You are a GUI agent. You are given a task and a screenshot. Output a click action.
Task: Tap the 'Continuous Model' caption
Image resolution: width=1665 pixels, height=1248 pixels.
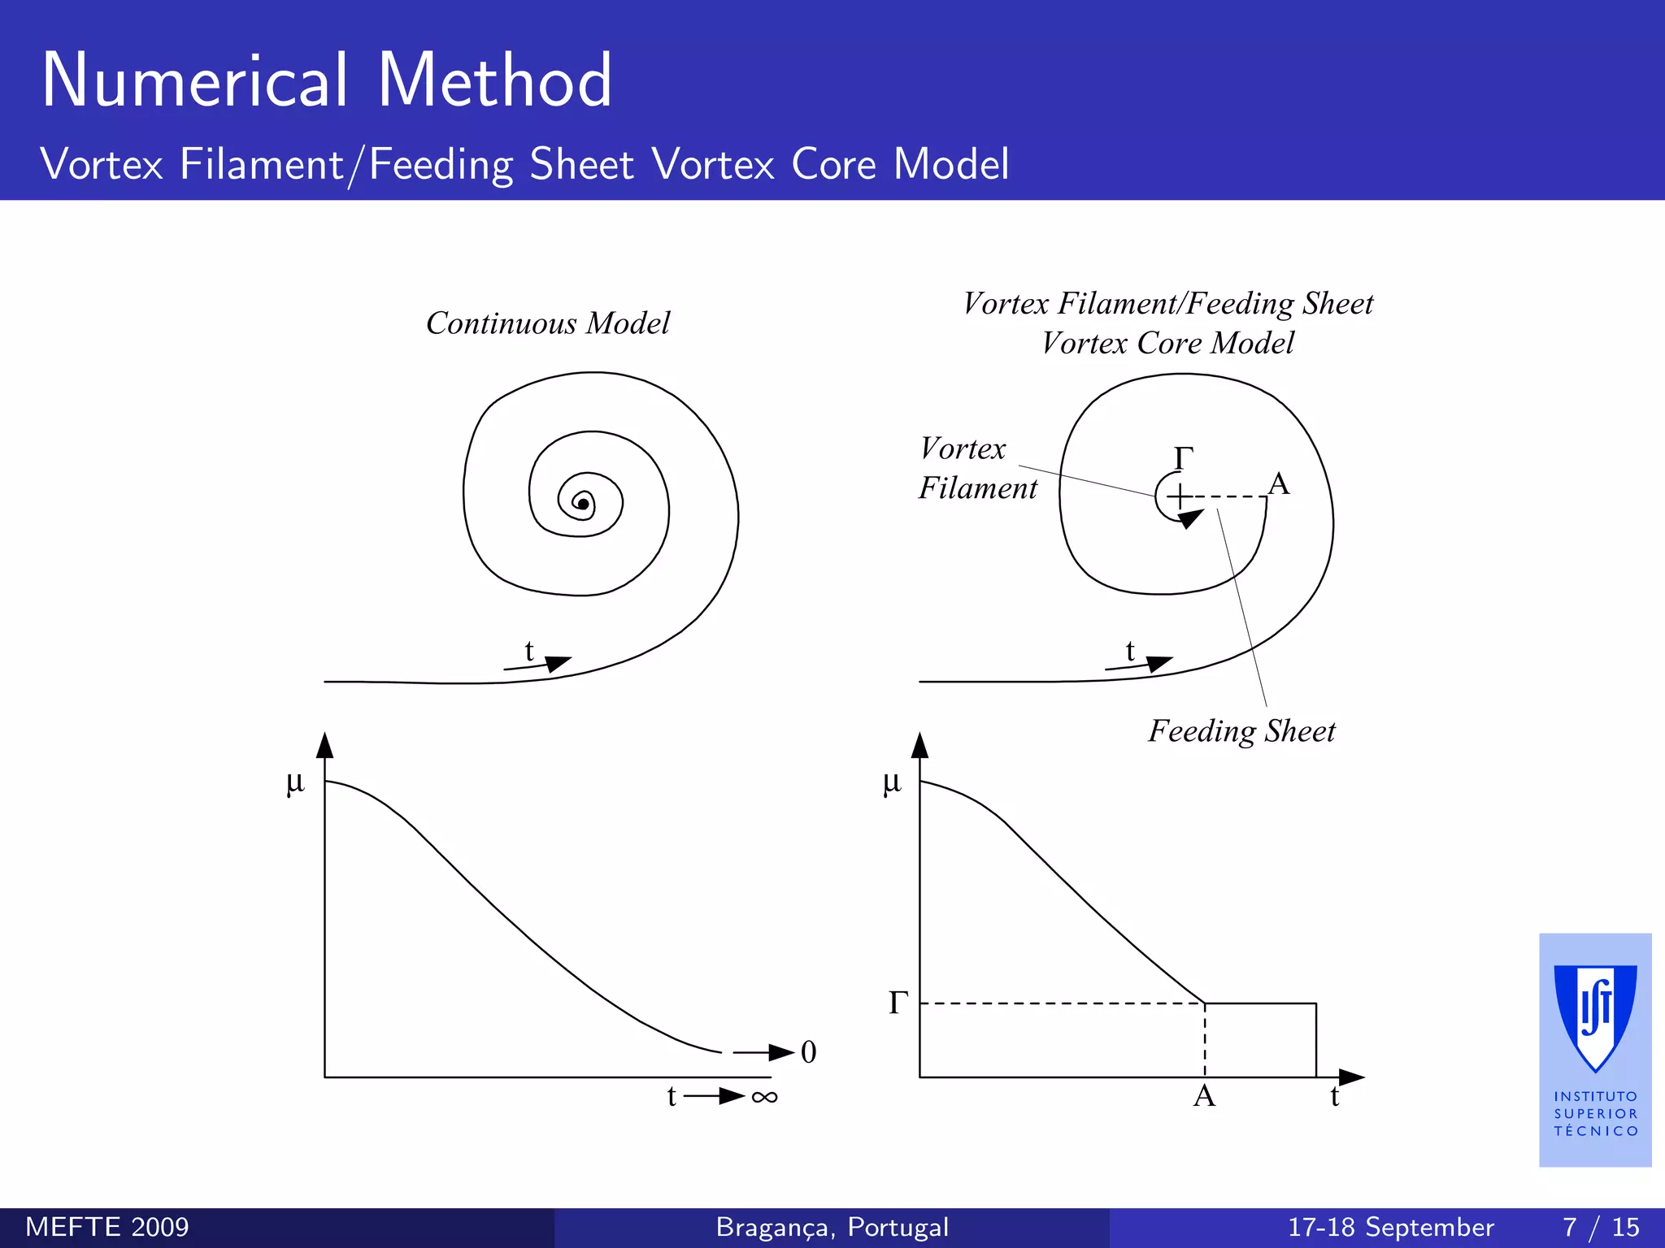point(548,323)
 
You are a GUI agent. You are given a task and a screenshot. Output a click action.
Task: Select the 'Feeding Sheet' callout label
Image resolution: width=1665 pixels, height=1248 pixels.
point(1241,731)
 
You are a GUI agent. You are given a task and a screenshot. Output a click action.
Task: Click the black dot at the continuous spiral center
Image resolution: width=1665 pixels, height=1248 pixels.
point(583,505)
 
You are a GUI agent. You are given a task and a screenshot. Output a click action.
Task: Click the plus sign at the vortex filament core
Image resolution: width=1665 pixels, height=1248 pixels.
point(1180,496)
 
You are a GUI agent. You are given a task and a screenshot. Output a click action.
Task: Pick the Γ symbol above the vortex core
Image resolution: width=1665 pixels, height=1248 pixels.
point(1184,458)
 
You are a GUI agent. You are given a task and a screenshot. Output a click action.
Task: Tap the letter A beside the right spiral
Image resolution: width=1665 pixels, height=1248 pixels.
point(1279,484)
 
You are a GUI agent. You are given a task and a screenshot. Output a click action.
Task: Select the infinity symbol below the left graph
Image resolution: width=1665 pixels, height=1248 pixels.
point(764,1098)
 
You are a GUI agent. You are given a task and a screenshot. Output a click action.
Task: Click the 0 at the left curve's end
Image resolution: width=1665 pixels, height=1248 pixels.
point(808,1052)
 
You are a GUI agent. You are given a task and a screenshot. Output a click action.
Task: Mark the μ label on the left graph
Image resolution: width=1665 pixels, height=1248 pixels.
point(295,782)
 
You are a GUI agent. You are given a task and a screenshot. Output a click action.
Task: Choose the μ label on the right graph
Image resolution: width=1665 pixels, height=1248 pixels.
point(892,782)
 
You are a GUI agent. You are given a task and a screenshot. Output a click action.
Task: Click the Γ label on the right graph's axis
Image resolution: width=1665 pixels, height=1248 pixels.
point(898,1003)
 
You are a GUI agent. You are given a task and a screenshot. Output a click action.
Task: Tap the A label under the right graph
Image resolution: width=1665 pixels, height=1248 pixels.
point(1204,1097)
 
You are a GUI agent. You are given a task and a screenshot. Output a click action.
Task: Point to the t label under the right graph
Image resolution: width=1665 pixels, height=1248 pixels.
point(1334,1097)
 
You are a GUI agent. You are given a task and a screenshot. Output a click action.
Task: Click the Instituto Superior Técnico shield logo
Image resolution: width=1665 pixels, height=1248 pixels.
point(1595,1018)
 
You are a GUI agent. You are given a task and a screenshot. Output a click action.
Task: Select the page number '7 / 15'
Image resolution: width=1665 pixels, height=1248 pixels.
point(1601,1228)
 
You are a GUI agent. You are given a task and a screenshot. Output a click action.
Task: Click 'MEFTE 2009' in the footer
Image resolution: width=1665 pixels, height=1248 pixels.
point(107,1228)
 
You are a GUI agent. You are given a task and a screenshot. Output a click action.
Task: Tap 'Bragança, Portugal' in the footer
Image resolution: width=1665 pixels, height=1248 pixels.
point(832,1228)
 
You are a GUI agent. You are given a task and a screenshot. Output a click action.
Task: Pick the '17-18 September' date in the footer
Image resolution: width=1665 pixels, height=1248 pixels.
point(1390,1228)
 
